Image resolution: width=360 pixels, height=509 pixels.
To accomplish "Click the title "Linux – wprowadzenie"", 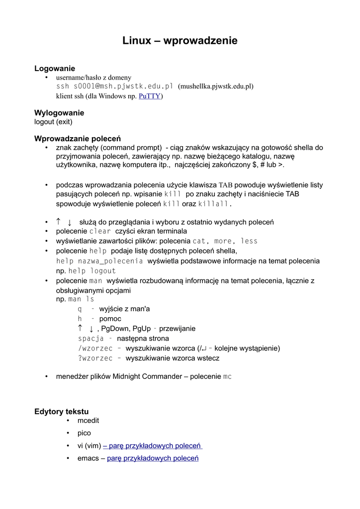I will [180, 41].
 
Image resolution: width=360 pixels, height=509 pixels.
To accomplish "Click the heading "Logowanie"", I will [55, 69].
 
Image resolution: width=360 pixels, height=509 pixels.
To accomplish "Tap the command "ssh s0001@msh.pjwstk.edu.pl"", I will [114, 86].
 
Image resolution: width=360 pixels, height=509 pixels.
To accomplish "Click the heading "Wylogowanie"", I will [59, 113].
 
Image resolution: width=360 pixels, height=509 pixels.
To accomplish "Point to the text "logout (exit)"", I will [53, 122].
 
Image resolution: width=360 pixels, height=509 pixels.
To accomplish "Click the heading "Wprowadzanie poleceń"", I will [78, 139].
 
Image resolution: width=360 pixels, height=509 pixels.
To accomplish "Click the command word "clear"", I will [100, 232].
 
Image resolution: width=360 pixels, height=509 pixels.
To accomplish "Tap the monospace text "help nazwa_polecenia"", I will [99, 261].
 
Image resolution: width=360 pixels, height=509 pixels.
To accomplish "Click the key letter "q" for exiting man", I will [80, 309].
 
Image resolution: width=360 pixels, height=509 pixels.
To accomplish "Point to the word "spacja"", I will [88, 339].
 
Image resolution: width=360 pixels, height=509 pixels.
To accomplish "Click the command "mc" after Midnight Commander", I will [227, 377].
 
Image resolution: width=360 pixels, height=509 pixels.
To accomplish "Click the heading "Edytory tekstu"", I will [61, 412].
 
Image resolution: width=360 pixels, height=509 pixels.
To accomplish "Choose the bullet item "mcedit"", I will [88, 421].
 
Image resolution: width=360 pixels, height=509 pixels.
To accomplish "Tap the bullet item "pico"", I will [84, 433].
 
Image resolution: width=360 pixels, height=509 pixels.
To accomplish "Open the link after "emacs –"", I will [153, 458].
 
